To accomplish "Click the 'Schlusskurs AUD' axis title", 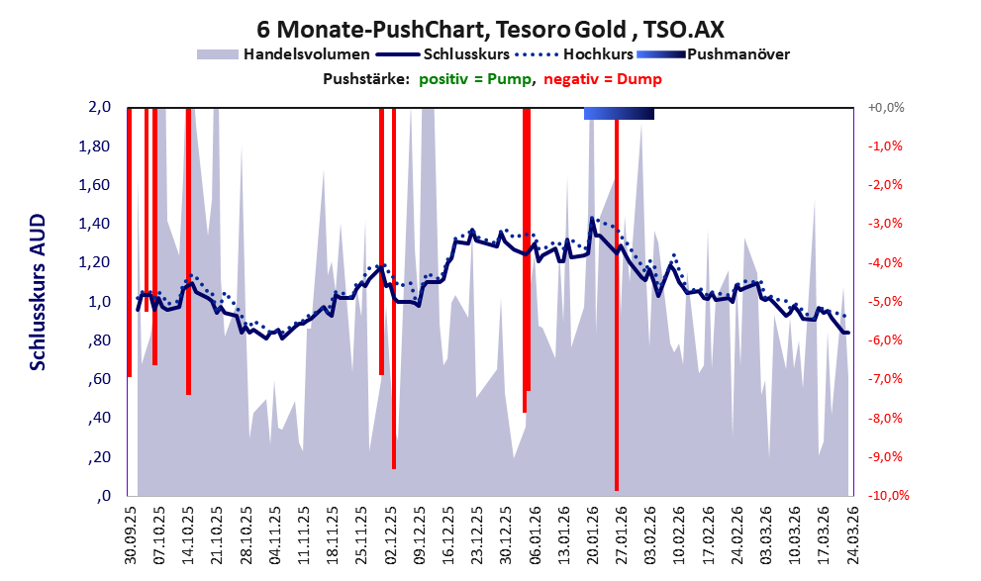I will click(x=38, y=292).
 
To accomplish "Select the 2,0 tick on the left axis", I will click(x=101, y=107).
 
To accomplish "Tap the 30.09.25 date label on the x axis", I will click(x=130, y=534).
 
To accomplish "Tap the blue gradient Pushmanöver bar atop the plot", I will click(x=619, y=114).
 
